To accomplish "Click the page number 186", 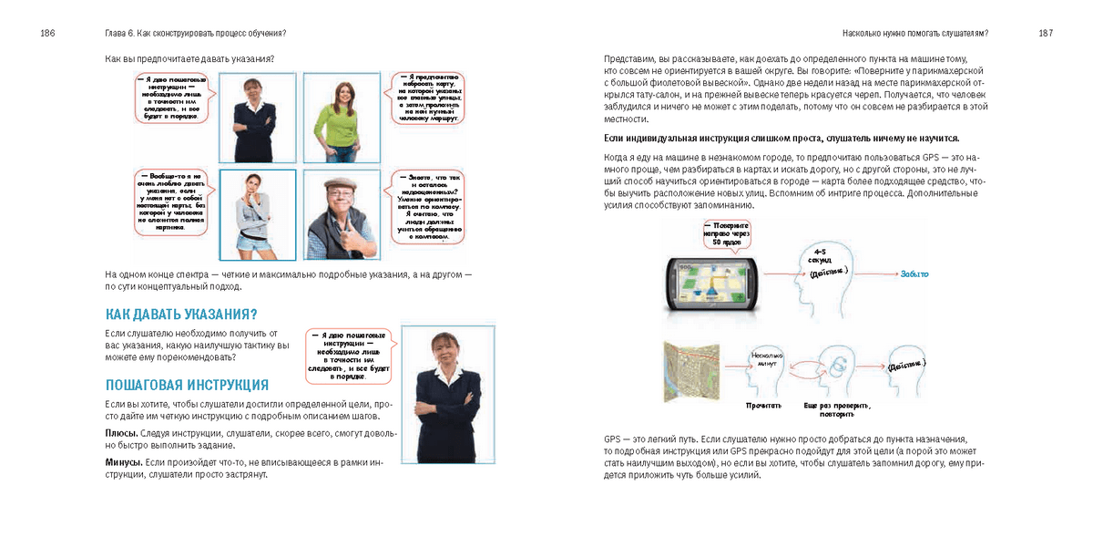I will click(47, 34).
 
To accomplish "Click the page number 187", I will click(1045, 34).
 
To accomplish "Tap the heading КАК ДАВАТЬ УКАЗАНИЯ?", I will click(181, 315).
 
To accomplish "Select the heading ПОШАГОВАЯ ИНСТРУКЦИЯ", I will click(187, 385).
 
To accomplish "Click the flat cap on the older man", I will click(339, 183).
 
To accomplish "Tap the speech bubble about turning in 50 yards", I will click(725, 233).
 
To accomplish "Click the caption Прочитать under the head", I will click(763, 405).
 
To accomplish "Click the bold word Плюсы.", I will click(122, 432).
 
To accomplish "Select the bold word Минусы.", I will click(124, 462).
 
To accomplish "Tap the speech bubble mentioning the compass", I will click(425, 207).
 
